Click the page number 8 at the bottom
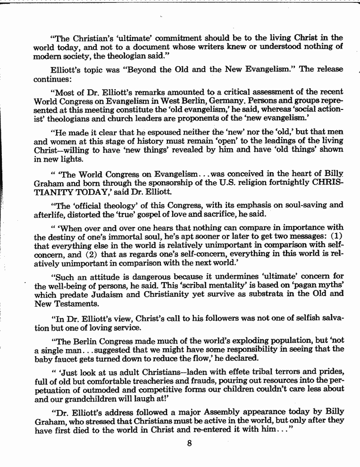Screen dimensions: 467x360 click(x=189, y=442)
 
